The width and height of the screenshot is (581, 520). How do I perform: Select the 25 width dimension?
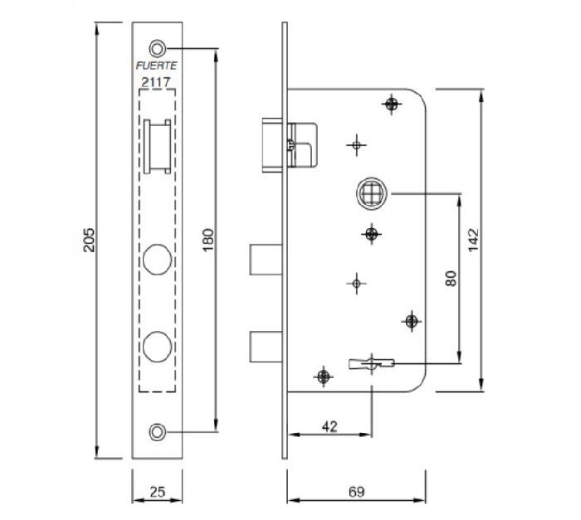point(158,492)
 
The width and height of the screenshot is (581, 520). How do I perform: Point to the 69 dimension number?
point(356,492)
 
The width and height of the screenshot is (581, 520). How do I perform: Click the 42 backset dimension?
point(330,426)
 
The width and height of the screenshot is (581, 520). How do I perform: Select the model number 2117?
point(157,81)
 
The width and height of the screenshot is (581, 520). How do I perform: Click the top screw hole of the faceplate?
point(158,47)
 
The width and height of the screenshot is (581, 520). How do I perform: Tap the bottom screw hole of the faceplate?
point(158,431)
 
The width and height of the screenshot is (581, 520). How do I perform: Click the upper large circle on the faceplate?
point(158,258)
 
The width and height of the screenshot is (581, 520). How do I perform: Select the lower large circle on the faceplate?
point(158,345)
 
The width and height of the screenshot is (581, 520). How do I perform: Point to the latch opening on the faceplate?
point(157,146)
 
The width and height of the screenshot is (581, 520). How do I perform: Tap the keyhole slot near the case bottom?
point(369,362)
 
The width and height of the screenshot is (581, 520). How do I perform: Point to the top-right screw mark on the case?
point(392,104)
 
